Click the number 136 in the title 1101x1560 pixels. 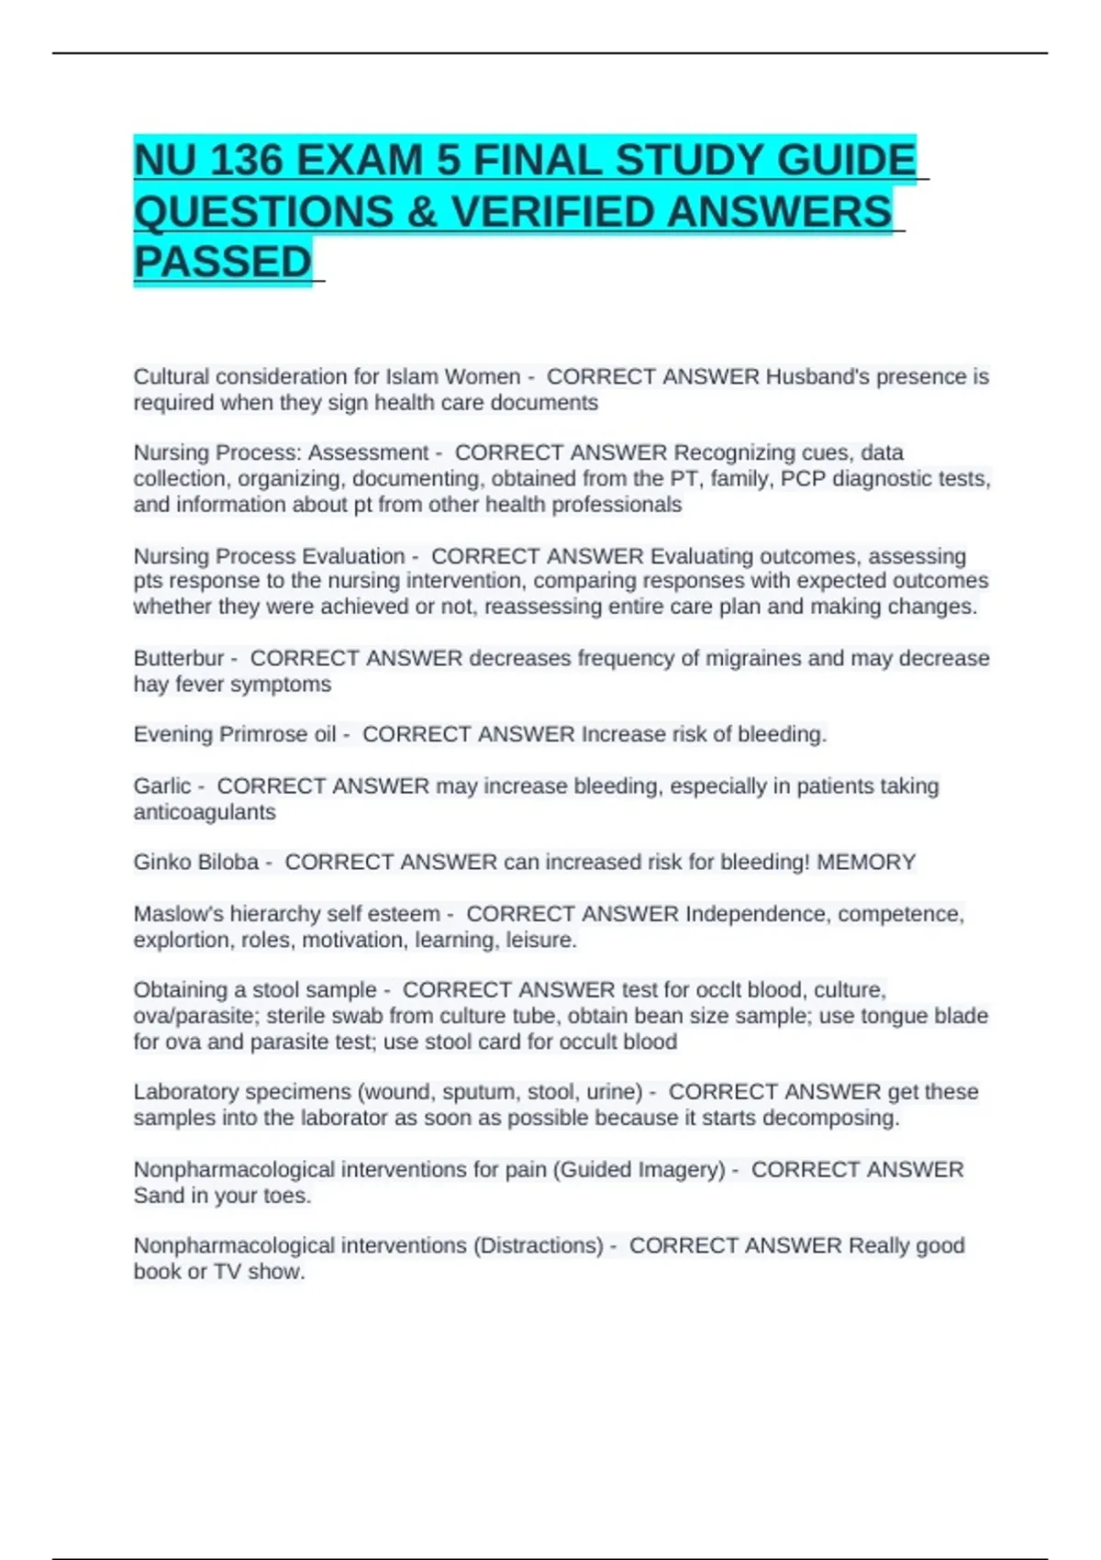[245, 161]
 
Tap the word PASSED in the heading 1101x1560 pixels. [223, 262]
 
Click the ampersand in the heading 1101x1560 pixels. [421, 211]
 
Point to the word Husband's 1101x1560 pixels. [816, 376]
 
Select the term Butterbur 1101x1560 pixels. [178, 658]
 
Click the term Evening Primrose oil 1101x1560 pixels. [234, 734]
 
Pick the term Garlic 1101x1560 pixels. [162, 786]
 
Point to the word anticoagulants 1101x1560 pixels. [205, 812]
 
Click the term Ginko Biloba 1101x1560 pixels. [196, 862]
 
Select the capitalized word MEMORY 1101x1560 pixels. [866, 862]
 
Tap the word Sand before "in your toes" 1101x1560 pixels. [159, 1196]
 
